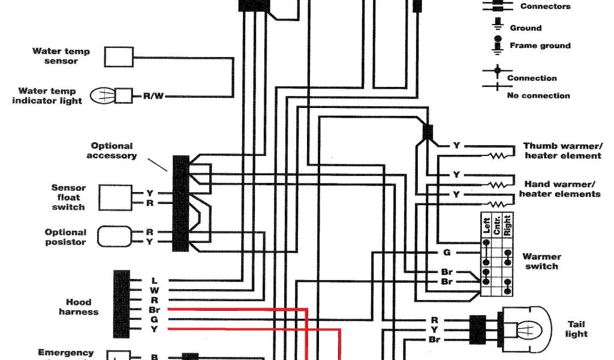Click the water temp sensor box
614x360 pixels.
tap(119, 56)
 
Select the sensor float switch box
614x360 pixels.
tap(115, 197)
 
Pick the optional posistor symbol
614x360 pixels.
tap(113, 236)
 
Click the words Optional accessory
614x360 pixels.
tap(112, 151)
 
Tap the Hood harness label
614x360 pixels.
tap(78, 307)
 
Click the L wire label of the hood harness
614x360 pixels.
tap(154, 280)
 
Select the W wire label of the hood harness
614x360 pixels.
tap(154, 290)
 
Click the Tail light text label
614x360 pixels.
tap(576, 329)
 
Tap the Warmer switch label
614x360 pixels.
tap(541, 262)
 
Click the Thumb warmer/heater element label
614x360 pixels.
tap(562, 151)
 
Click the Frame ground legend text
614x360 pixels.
tap(540, 46)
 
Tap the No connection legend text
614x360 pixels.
tap(538, 95)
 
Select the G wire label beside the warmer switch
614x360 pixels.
tap(447, 253)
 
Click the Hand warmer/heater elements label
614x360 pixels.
tap(559, 189)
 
